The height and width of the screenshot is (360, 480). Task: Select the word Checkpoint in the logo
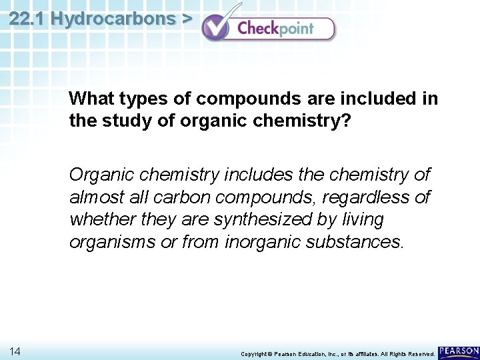[x=276, y=29]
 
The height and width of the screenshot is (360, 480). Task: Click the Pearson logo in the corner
[x=459, y=351]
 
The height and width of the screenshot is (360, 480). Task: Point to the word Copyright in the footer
[x=253, y=353]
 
